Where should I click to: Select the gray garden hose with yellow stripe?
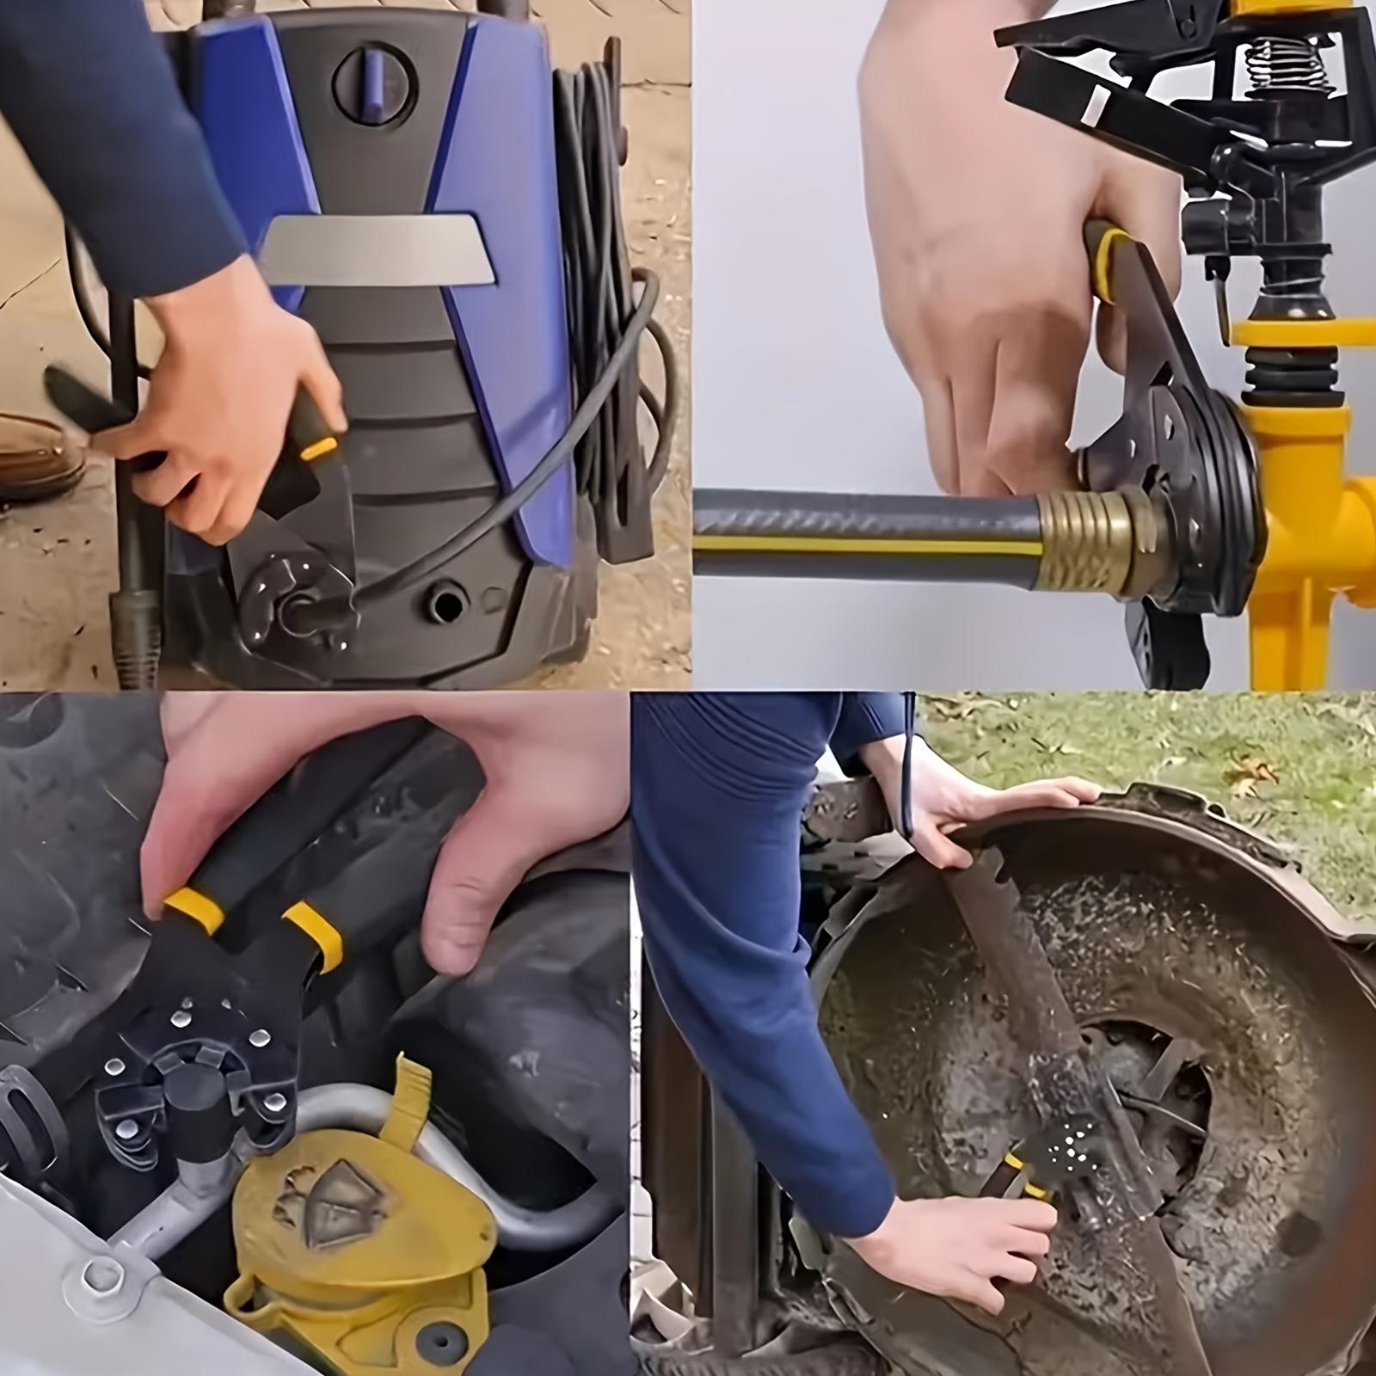tap(860, 533)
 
